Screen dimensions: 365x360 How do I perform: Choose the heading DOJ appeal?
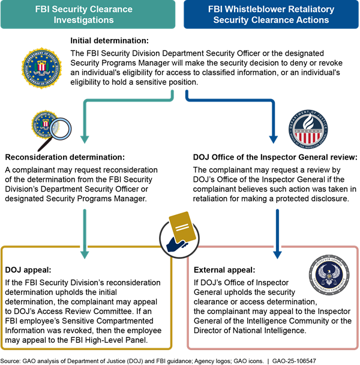click(25, 270)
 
